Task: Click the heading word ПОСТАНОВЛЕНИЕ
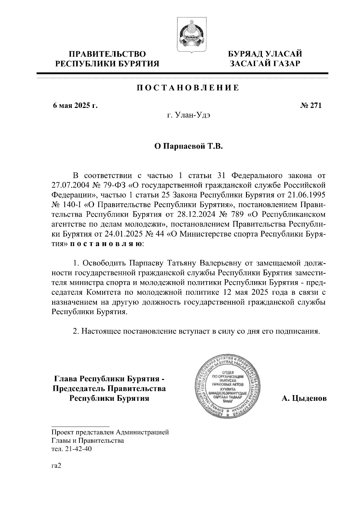(x=188, y=88)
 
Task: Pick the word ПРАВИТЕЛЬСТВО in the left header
(x=108, y=54)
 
